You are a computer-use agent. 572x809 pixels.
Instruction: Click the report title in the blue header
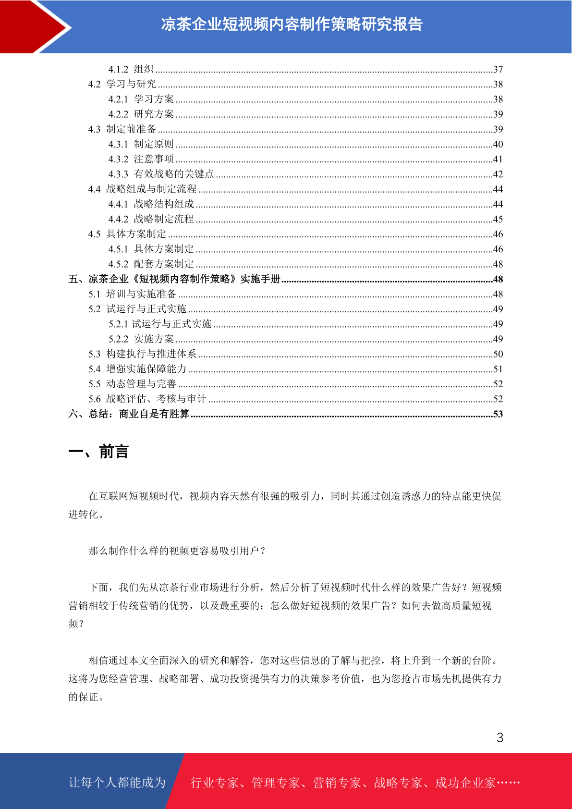[292, 24]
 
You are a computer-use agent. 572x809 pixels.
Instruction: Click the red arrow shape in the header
[29, 26]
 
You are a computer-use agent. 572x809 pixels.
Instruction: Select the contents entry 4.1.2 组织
[131, 69]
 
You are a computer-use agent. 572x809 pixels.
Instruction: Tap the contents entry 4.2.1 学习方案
[141, 99]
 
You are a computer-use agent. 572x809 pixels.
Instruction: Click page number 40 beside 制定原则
[498, 144]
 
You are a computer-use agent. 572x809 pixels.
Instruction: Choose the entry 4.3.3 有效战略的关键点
[161, 174]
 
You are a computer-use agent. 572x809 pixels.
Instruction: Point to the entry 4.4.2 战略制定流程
[151, 219]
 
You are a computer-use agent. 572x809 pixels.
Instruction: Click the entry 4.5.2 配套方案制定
[151, 264]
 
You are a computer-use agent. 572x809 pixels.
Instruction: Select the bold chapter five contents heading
[174, 279]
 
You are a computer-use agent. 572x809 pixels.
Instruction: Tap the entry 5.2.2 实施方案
[141, 339]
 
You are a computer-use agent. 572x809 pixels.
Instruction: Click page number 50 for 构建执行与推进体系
[498, 354]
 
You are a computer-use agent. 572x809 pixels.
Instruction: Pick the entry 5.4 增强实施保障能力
[137, 369]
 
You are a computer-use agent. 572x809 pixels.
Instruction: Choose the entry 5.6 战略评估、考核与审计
[147, 399]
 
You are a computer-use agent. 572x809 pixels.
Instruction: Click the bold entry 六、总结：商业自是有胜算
[129, 414]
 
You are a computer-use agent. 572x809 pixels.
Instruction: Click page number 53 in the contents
[498, 414]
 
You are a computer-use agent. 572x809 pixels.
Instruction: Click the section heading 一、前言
[98, 452]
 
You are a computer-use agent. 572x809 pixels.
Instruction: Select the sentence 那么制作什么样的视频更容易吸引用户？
[177, 551]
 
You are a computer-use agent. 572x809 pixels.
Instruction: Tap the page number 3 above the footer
[499, 737]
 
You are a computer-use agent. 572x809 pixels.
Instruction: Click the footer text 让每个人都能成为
[117, 783]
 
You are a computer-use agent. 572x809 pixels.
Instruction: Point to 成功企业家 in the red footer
[465, 783]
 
